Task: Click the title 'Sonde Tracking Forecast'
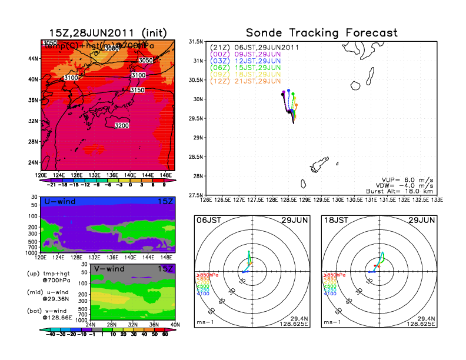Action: click(322, 33)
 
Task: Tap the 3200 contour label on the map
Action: click(122, 126)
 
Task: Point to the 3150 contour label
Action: click(138, 90)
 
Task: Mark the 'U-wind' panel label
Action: click(59, 202)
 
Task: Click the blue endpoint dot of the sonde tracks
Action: click(288, 91)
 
